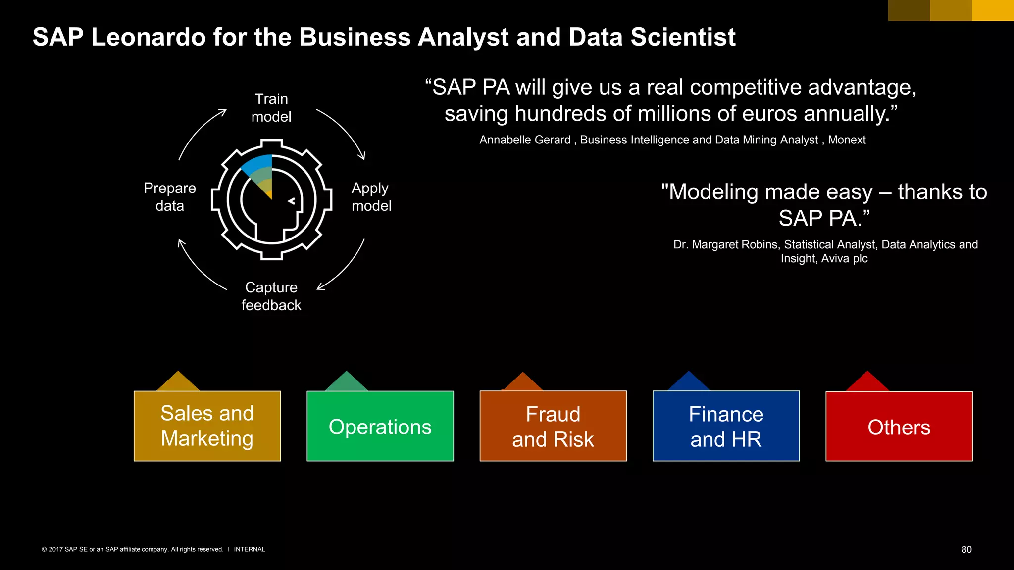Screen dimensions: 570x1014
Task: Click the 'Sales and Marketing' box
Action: click(207, 426)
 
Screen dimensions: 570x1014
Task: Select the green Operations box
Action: click(380, 426)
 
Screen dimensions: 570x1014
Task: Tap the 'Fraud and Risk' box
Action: click(553, 426)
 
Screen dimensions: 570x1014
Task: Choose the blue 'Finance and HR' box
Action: click(726, 426)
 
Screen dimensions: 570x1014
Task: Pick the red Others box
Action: click(899, 426)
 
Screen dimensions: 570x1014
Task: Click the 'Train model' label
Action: click(271, 108)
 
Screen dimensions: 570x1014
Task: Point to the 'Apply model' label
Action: click(371, 197)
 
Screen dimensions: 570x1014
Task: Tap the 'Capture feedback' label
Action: click(271, 296)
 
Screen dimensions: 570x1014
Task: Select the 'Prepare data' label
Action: click(170, 197)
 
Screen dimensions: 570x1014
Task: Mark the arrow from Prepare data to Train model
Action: click(198, 131)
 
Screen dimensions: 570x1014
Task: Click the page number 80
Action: click(966, 549)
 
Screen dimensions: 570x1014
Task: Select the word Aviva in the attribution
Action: click(836, 258)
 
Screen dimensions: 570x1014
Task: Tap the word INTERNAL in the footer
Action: click(250, 549)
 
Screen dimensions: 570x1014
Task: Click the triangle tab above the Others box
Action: click(867, 382)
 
